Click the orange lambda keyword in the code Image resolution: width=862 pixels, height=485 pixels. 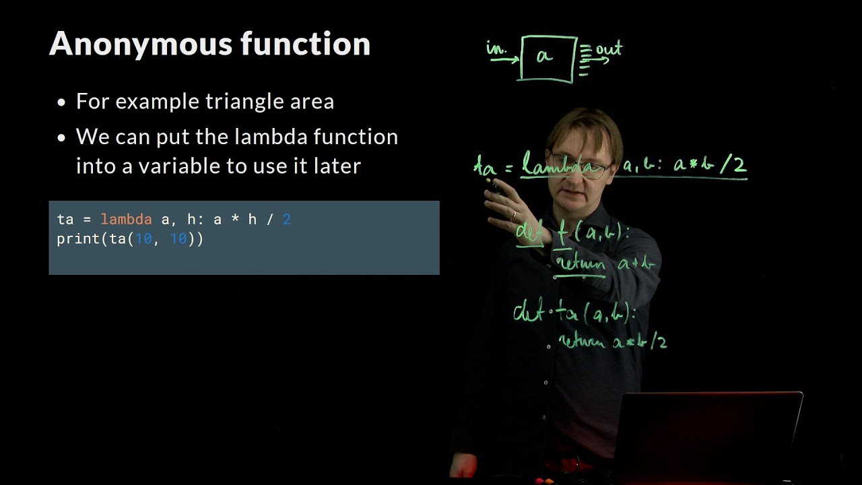tap(126, 220)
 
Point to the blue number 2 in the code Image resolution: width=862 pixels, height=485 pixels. tap(286, 220)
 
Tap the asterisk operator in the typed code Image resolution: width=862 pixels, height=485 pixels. tap(235, 220)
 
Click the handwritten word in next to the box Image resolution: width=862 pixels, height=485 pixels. tap(496, 48)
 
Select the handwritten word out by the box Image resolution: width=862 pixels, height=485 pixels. tap(609, 49)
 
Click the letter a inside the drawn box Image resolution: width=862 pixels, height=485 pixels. tap(544, 57)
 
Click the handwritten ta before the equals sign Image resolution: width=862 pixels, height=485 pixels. tap(485, 166)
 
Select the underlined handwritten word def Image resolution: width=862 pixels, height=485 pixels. tap(530, 233)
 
